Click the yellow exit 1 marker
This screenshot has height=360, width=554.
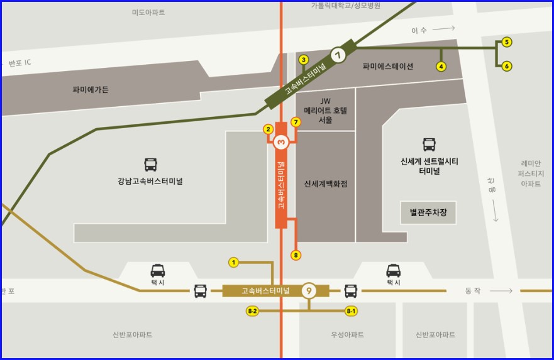coord(233,262)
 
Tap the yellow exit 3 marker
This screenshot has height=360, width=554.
coord(304,60)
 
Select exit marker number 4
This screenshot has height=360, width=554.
coord(441,66)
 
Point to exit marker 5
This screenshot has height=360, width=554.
coord(507,42)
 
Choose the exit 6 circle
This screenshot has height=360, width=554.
coord(507,65)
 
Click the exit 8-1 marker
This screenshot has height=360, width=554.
coord(351,311)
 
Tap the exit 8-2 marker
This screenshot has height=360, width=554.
coord(253,311)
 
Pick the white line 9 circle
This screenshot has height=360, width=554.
coord(308,291)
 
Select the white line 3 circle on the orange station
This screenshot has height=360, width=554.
coord(281,142)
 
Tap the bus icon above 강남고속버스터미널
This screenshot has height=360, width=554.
coord(151,165)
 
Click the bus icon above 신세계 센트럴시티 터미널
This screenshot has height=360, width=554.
coord(429,145)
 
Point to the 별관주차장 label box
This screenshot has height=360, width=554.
coord(428,213)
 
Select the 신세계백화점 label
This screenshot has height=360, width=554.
coord(326,184)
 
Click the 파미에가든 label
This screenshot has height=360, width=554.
coord(91,90)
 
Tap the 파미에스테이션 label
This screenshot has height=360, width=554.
coord(388,66)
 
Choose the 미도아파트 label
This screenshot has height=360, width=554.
coord(148,13)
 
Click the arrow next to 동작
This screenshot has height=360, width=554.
coord(501,291)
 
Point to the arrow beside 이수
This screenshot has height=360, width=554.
coord(443,29)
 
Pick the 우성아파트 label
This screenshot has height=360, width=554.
coord(347,335)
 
